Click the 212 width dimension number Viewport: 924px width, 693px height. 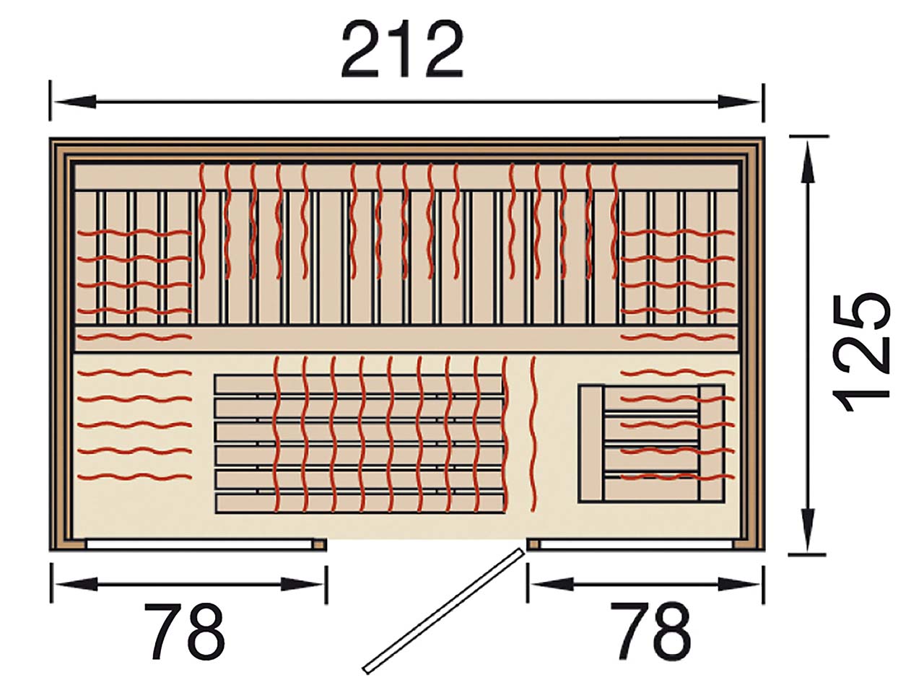click(402, 50)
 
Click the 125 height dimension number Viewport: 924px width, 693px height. click(861, 352)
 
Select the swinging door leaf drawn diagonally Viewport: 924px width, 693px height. click(444, 616)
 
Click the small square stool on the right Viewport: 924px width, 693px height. click(652, 443)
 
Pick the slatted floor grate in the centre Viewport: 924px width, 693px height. click(360, 443)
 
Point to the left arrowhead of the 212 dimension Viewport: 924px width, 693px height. click(75, 102)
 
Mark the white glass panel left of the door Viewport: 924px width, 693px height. click(199, 544)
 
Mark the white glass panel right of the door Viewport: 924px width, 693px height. click(637, 544)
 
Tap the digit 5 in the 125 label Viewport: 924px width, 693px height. click(861, 311)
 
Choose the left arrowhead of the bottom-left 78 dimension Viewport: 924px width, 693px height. click(77, 584)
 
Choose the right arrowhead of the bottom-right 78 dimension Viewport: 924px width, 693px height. click(738, 584)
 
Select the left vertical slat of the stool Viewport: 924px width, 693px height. click(591, 443)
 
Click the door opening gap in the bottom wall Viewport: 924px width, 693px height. click(427, 544)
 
